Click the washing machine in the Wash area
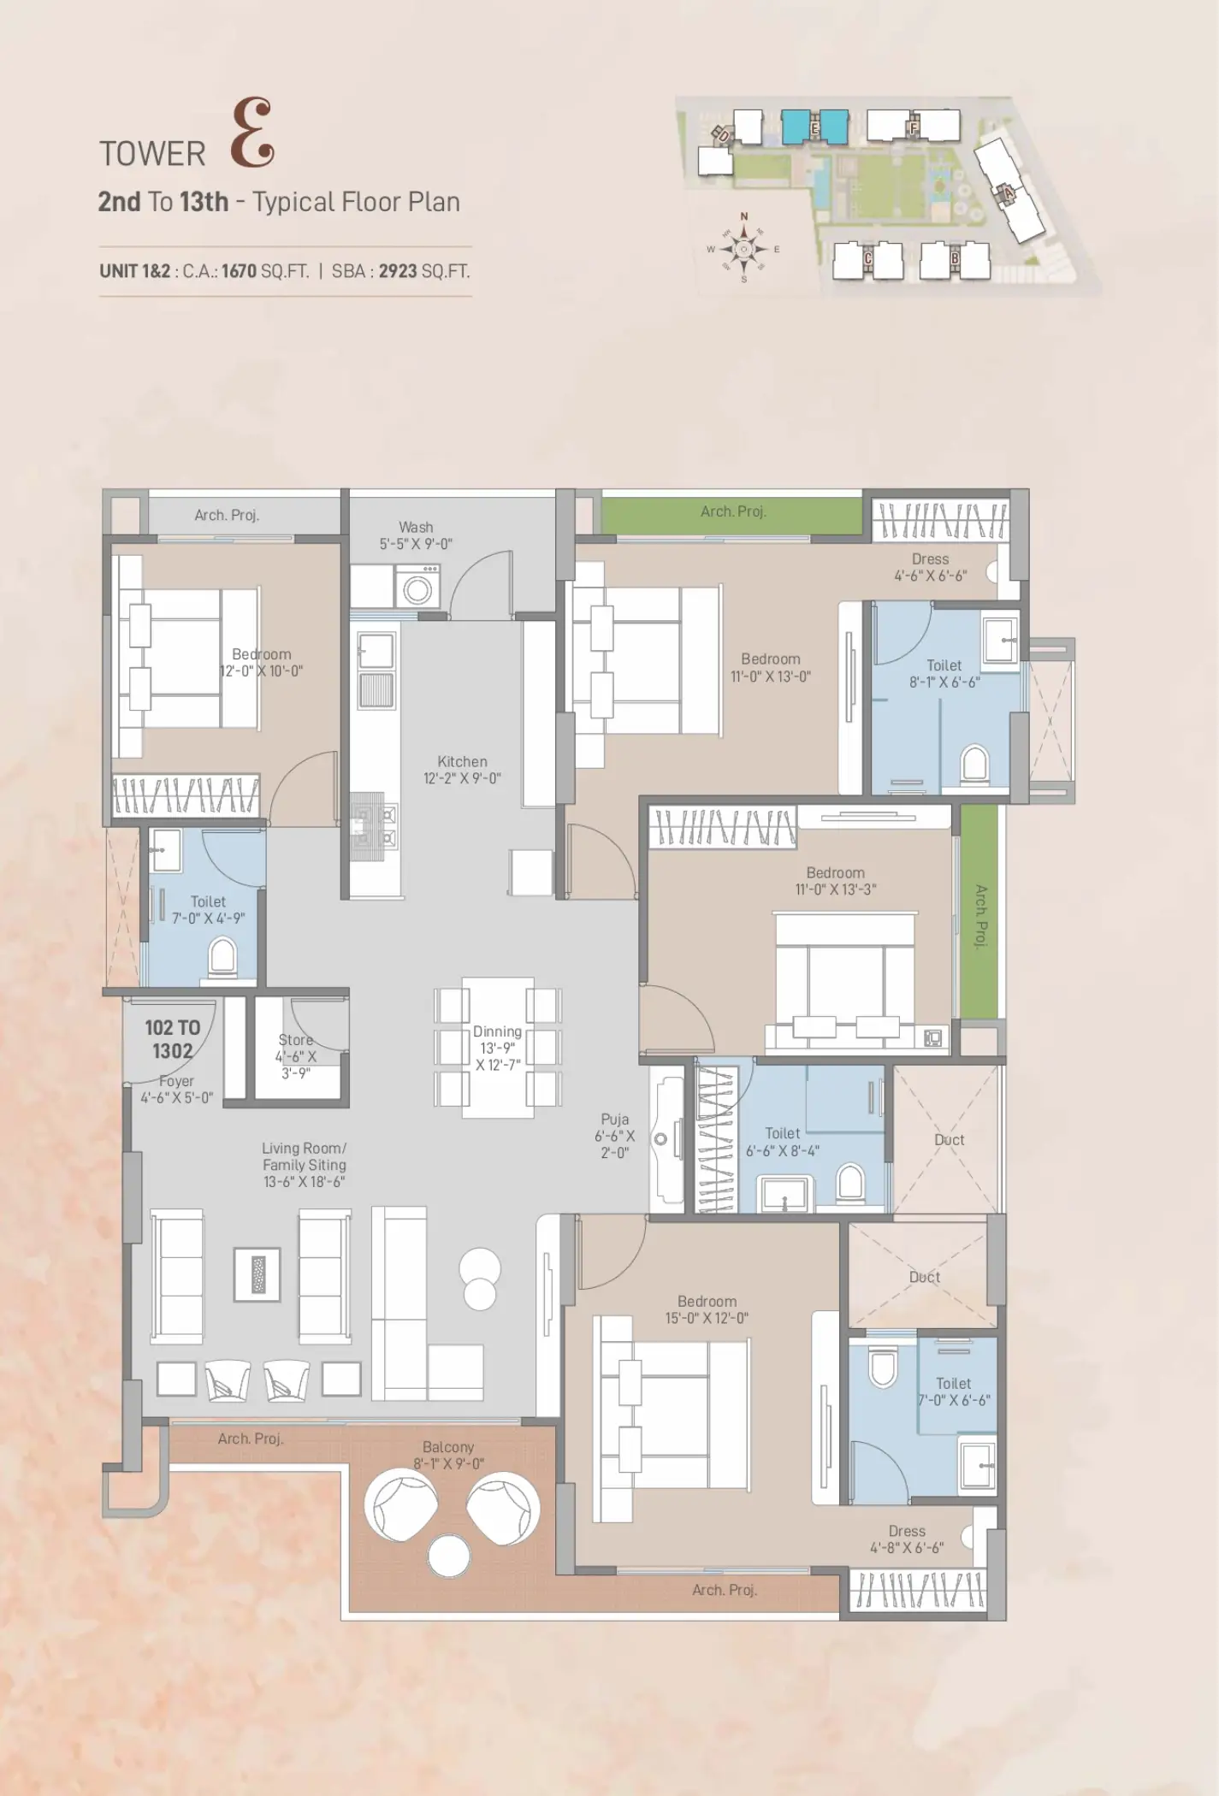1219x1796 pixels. pos(417,586)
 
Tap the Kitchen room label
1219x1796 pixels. pos(462,761)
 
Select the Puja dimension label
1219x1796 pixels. pos(614,1144)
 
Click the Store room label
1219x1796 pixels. pos(295,1040)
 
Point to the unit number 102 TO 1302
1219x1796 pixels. pos(172,1039)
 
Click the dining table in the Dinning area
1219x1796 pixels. pos(498,1048)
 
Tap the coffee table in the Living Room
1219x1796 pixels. pos(257,1274)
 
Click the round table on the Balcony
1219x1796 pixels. pos(449,1556)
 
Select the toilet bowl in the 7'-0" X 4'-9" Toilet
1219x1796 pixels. pos(222,956)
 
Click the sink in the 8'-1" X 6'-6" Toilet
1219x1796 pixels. pos(1000,640)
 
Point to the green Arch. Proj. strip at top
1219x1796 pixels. pos(732,516)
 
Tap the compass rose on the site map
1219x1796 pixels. pos(743,249)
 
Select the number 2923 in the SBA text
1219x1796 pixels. pos(398,271)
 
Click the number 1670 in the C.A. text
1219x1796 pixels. pos(239,271)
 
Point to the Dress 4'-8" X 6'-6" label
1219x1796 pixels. pos(907,1539)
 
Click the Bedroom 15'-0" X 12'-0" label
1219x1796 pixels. pos(707,1309)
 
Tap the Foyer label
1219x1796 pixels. pos(176,1081)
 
